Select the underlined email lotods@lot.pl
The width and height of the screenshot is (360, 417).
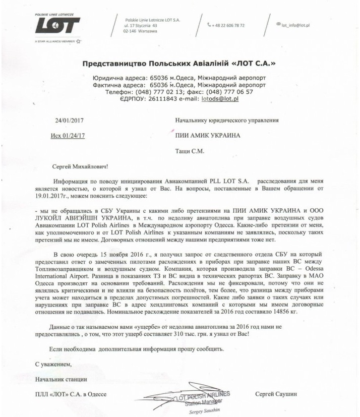click(x=220, y=99)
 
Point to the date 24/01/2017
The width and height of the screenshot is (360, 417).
click(x=69, y=120)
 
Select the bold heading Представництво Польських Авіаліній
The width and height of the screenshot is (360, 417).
click(x=179, y=64)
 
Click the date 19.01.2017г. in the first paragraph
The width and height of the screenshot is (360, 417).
click(x=54, y=195)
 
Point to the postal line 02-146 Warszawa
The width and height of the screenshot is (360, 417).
click(x=140, y=31)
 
